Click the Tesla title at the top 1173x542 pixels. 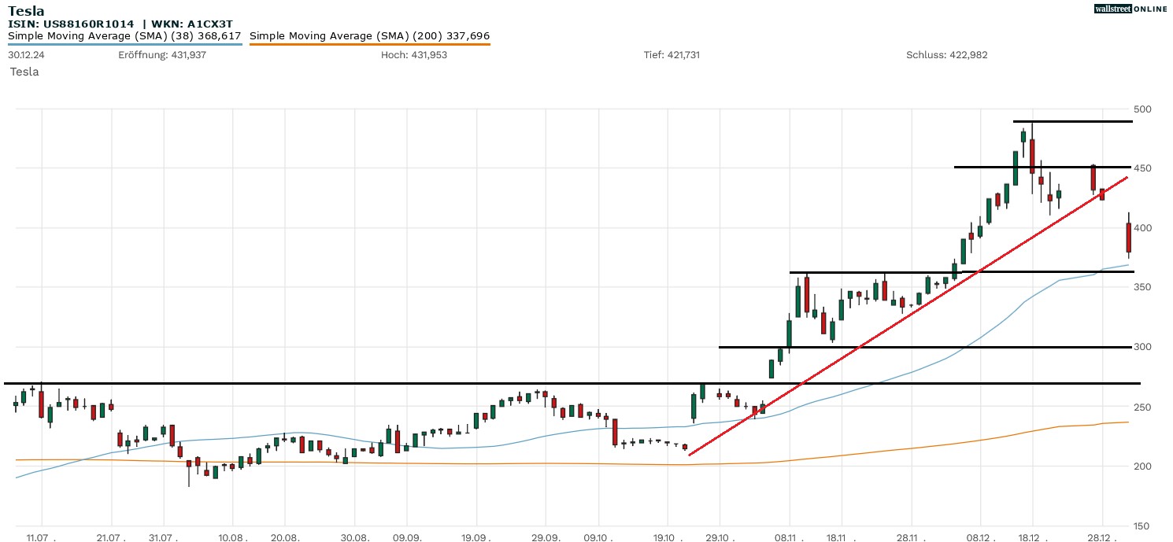tap(26, 11)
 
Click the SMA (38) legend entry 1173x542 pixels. tap(124, 36)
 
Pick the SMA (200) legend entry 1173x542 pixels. tap(369, 36)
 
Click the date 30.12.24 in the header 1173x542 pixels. tap(25, 55)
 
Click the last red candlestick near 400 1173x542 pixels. tap(1129, 238)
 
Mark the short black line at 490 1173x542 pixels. tap(1072, 122)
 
